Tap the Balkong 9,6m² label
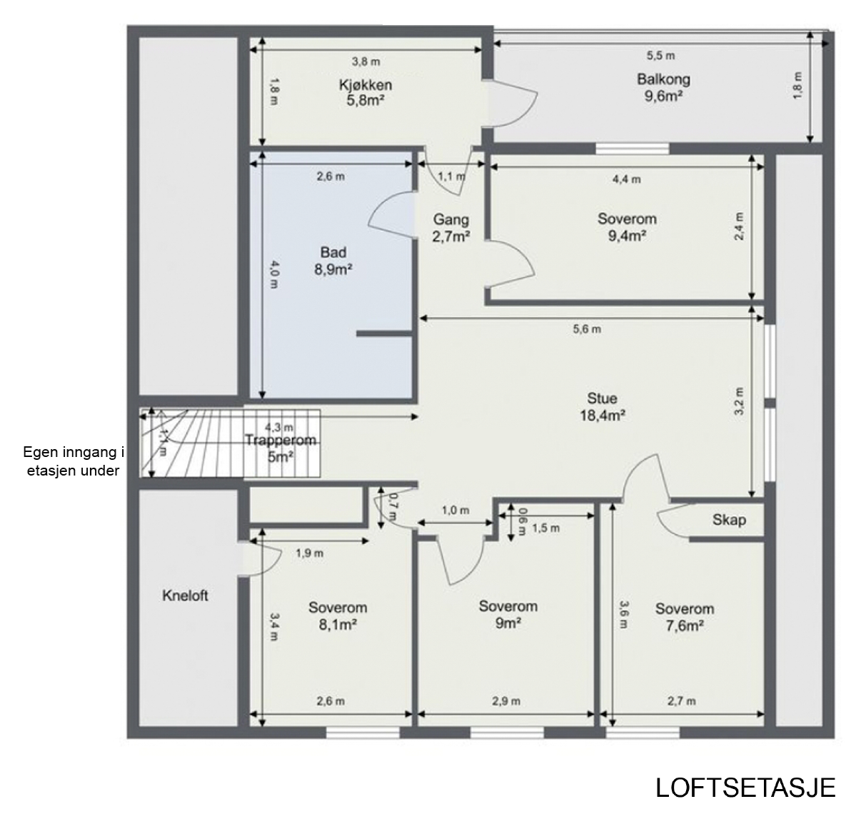point(663,87)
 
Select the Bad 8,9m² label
point(333,261)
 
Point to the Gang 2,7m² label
point(451,228)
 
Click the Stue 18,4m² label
point(602,407)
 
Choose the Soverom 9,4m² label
point(627,227)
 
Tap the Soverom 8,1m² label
point(338,616)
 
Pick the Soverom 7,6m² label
point(685,617)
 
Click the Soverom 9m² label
point(508,614)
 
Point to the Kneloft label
point(185,596)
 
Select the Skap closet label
point(729,520)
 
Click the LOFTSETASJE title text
point(745,788)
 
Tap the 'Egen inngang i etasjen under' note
point(74,461)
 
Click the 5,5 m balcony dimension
point(660,56)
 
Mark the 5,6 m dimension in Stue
point(587,329)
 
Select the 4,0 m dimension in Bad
point(274,275)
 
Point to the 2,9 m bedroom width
point(506,701)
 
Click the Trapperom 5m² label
point(280,448)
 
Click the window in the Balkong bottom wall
point(633,148)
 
